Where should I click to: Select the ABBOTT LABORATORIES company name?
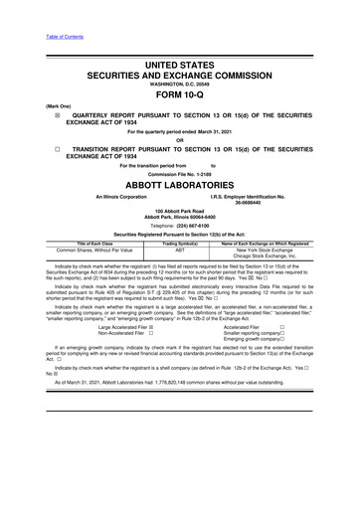coord(179,182)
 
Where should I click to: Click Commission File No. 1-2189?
coord(179,171)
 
